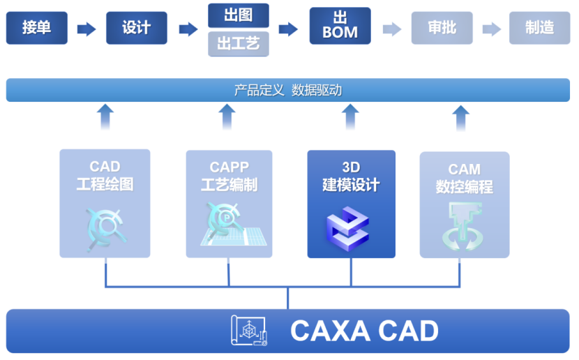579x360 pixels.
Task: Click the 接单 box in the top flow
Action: click(x=36, y=28)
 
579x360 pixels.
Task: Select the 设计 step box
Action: click(x=136, y=28)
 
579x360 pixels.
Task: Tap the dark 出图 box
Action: click(x=238, y=15)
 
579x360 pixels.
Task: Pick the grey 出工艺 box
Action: click(x=238, y=44)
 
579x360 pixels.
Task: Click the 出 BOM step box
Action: click(x=340, y=28)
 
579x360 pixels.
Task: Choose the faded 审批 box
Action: click(x=442, y=28)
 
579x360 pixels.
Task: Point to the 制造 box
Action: click(x=539, y=28)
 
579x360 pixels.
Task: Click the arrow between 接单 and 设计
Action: click(x=87, y=29)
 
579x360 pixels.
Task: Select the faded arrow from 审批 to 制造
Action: click(x=491, y=29)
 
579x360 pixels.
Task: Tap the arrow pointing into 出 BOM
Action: click(x=288, y=29)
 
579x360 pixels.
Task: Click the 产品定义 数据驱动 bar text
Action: click(x=287, y=90)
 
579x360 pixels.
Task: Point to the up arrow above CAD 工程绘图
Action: click(x=105, y=117)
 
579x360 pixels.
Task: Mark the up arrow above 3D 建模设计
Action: click(x=351, y=117)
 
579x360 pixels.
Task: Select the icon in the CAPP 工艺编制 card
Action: click(x=230, y=225)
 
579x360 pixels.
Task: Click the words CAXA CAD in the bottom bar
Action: click(x=364, y=331)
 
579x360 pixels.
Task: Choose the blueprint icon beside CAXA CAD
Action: click(x=250, y=331)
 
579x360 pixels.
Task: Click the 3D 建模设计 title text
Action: click(x=351, y=177)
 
